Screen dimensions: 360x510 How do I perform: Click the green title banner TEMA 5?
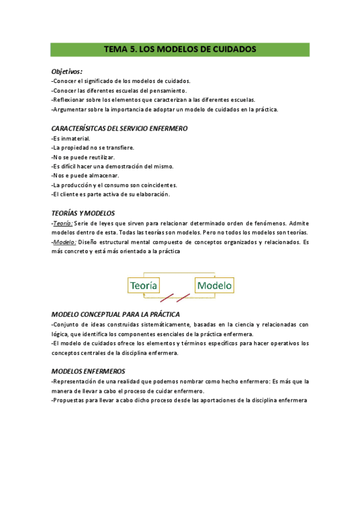180,50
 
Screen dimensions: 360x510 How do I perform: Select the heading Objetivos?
67,71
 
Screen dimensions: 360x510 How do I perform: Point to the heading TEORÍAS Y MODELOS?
83,214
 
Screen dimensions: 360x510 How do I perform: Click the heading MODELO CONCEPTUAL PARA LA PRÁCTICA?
116,315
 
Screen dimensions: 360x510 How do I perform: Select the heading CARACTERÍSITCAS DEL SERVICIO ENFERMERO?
120,128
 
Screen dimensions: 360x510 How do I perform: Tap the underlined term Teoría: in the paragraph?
63,223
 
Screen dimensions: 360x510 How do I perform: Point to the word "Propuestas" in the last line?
70,401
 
